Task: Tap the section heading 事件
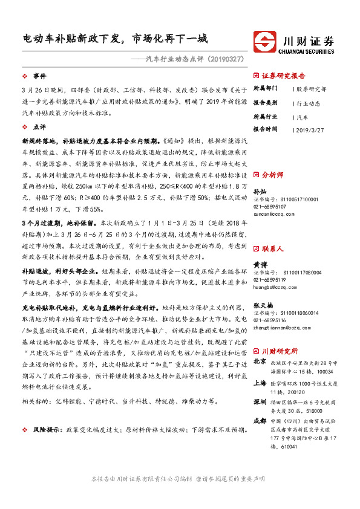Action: [x=40, y=76]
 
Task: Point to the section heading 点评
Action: [x=40, y=128]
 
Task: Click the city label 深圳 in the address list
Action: [x=260, y=402]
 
